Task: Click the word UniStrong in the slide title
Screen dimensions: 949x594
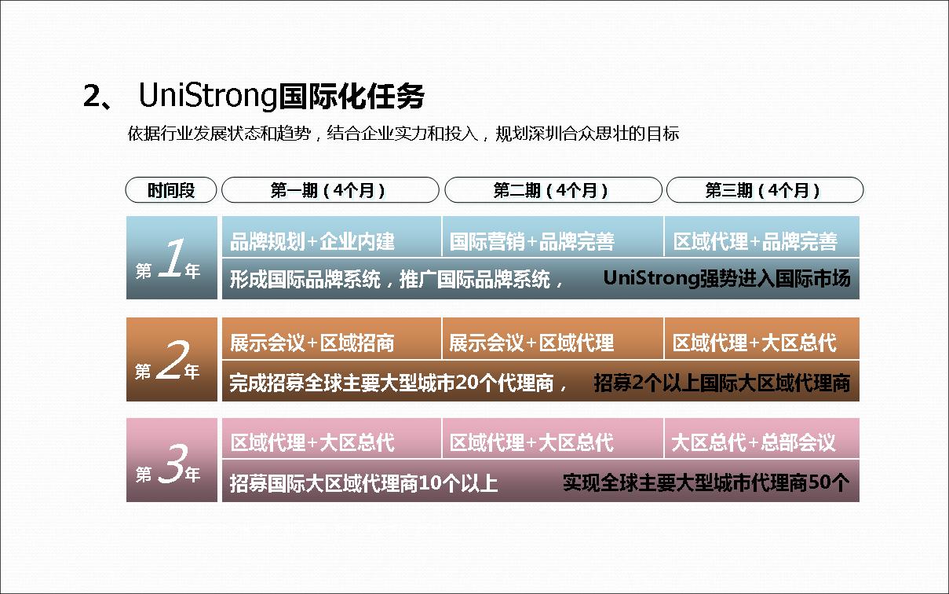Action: point(207,95)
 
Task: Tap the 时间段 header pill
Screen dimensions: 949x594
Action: point(171,190)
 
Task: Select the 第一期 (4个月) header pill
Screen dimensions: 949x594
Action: point(330,190)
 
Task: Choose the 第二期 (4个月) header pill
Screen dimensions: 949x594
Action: point(553,190)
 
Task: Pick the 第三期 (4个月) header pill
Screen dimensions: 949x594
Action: point(765,190)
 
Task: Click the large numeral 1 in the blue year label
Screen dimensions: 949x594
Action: point(172,258)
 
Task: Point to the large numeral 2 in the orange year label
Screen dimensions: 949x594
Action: point(173,360)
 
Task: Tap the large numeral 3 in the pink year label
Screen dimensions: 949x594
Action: point(172,463)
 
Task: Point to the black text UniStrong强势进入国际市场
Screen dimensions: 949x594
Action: point(727,279)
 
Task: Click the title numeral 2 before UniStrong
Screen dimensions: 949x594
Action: point(92,96)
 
